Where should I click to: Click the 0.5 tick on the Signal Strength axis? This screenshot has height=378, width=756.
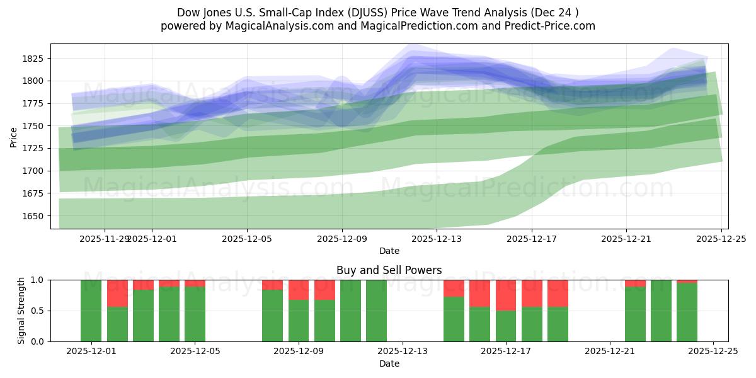38,311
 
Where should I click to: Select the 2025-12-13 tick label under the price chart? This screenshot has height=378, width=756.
437,239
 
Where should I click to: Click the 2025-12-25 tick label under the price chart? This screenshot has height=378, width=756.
721,239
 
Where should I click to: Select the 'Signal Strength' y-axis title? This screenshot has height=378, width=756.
21,311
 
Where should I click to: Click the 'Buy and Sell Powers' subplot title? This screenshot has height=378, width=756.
389,270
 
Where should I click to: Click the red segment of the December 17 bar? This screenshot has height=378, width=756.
506,295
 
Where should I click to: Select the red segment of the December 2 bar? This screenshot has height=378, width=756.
117,293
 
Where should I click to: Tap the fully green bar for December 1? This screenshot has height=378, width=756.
91,311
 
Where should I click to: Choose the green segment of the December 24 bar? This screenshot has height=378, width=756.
687,312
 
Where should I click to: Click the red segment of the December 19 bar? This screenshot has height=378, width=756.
558,293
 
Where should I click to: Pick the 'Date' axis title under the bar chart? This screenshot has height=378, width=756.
389,364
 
